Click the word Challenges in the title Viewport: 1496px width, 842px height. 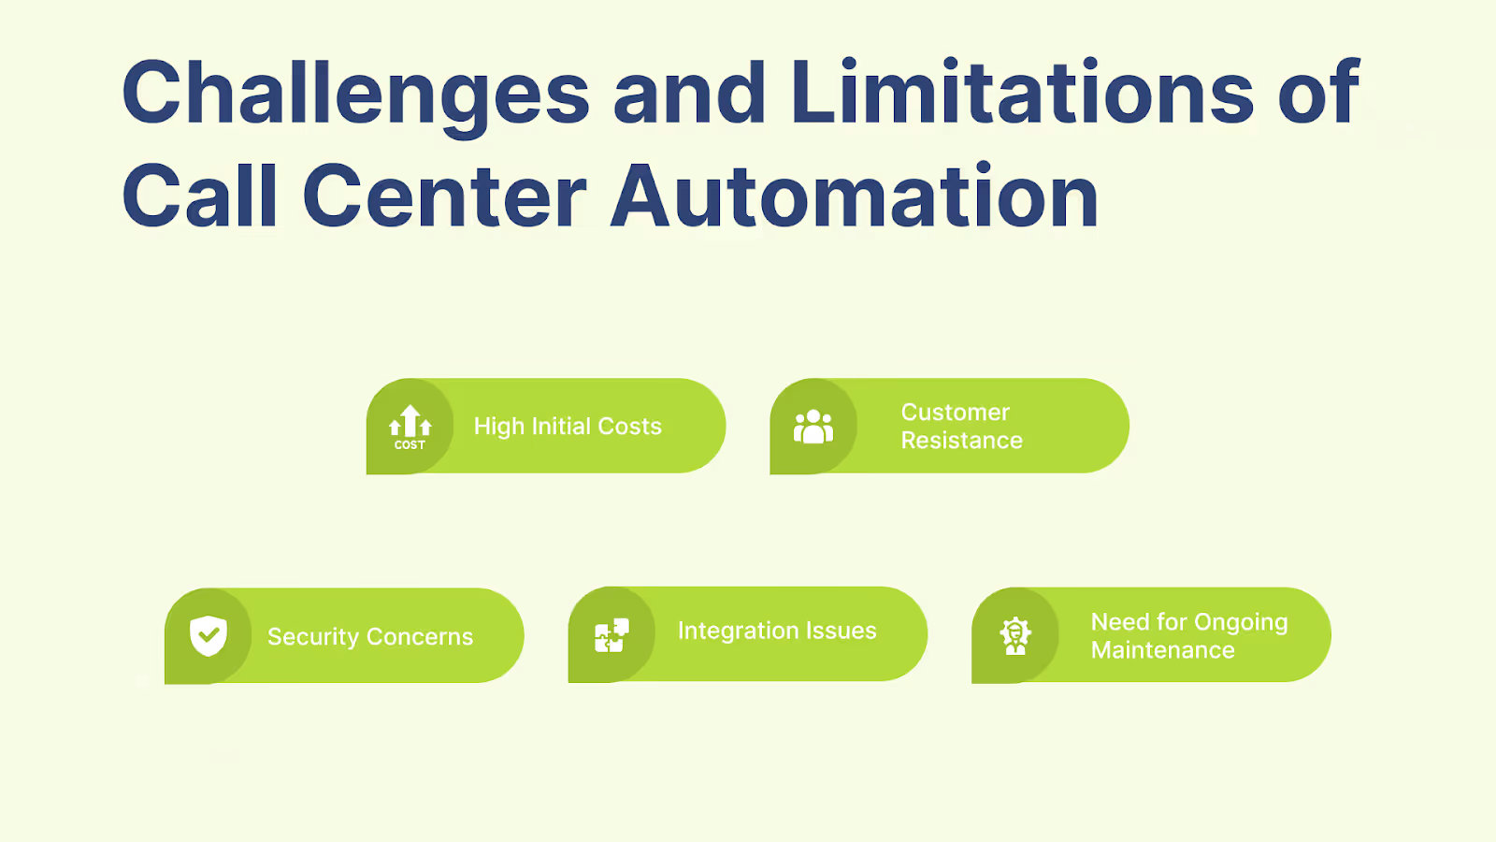tap(355, 94)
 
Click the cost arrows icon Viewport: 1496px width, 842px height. tap(410, 427)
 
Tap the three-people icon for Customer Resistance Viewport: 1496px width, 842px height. tap(813, 427)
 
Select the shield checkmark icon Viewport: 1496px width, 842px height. tap(209, 636)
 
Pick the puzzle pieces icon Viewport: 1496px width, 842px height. tap(611, 635)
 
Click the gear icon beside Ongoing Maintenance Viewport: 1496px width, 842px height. tap(1015, 635)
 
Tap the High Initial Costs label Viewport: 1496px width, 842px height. tap(568, 427)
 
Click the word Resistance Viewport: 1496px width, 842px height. tap(961, 441)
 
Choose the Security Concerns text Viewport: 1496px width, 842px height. tap(370, 637)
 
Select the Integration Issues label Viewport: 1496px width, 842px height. tap(777, 631)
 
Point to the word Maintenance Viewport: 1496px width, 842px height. tap(1162, 650)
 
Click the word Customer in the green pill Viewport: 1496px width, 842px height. tap(955, 413)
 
